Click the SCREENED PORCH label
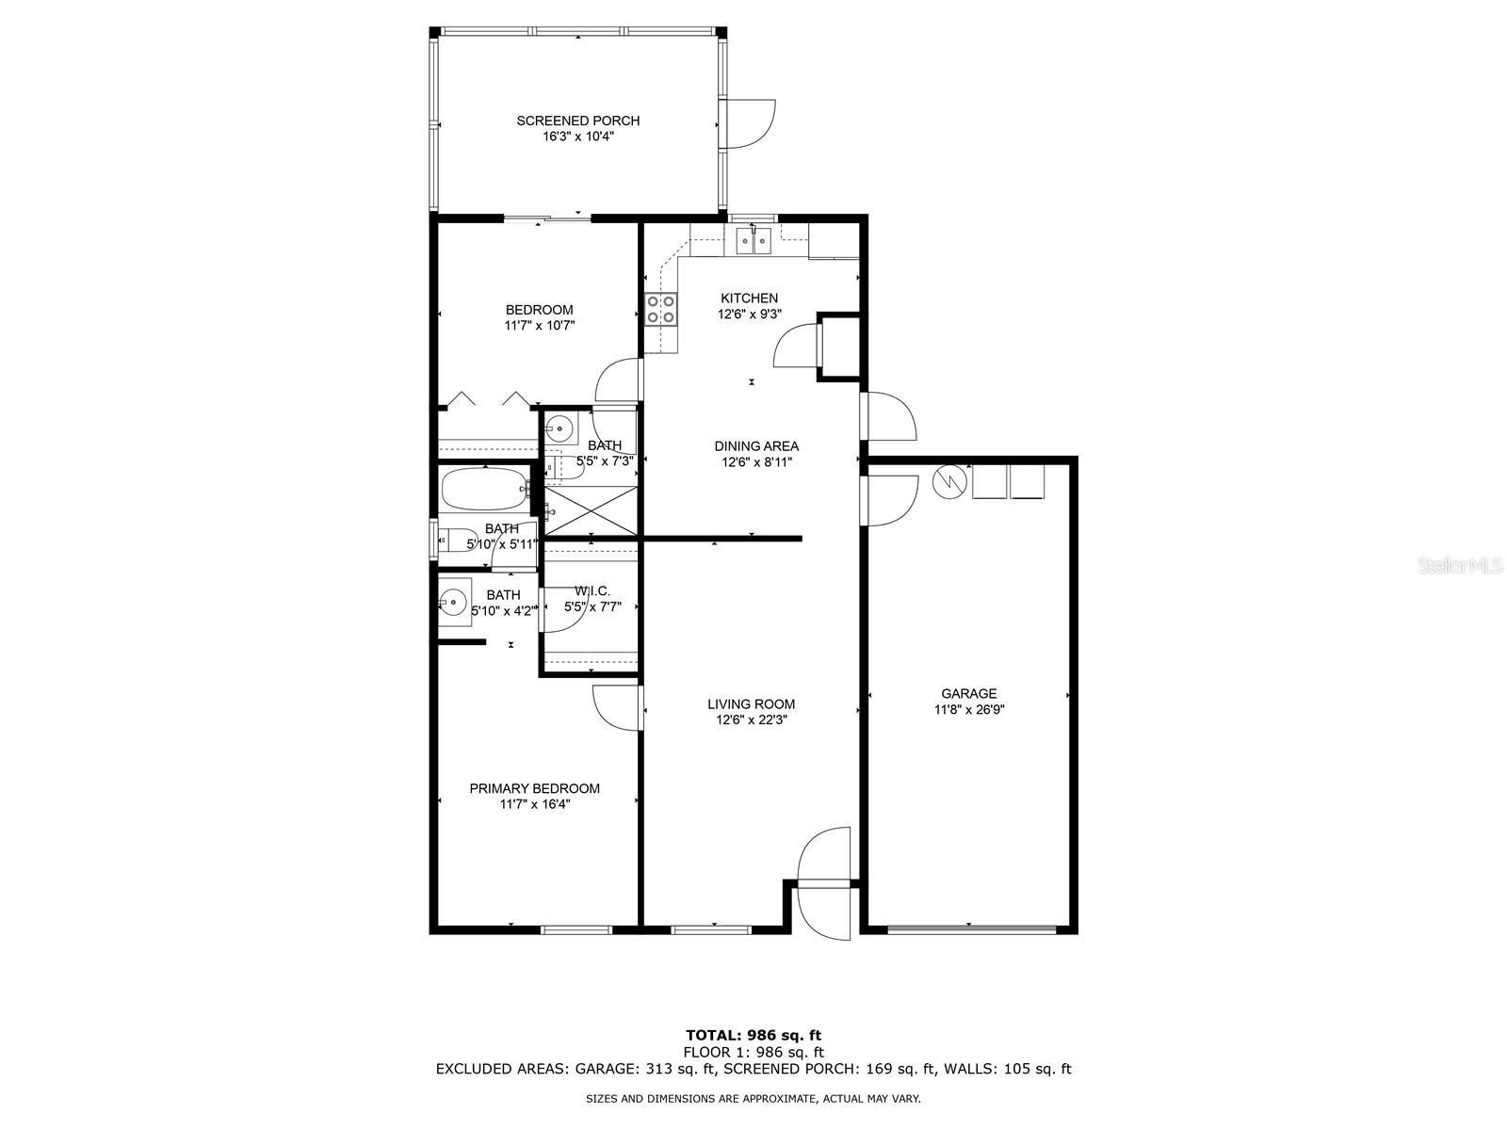(x=577, y=121)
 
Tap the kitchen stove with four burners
(x=661, y=309)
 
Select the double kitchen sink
(x=753, y=241)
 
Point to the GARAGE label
(x=968, y=694)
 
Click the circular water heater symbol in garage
(x=949, y=482)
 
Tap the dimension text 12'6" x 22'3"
(x=751, y=720)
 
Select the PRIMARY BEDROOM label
(x=534, y=788)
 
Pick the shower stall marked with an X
(x=591, y=511)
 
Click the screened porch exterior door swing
(x=751, y=123)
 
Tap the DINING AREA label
(x=756, y=446)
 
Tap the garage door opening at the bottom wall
(x=971, y=929)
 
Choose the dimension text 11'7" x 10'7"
(x=539, y=326)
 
